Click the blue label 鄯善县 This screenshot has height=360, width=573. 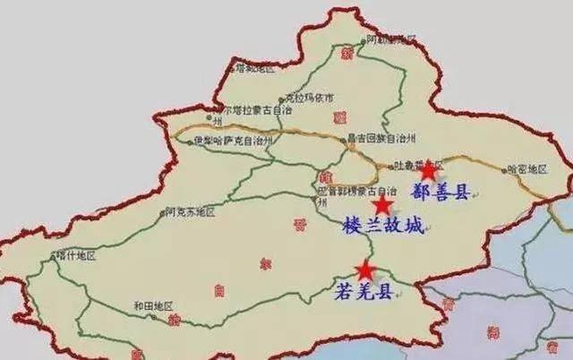(440, 192)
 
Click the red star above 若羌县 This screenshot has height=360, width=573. (365, 270)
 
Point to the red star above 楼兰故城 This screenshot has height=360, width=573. (382, 206)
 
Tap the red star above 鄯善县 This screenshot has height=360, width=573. (429, 170)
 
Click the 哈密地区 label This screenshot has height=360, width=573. (526, 167)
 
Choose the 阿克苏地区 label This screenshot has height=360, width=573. (191, 212)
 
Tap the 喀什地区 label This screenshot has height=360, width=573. (76, 255)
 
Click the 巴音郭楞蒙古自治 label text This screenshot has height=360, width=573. (356, 191)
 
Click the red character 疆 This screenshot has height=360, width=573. (338, 117)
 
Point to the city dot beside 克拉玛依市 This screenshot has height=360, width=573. (281, 99)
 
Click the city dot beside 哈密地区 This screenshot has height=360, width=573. (502, 168)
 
